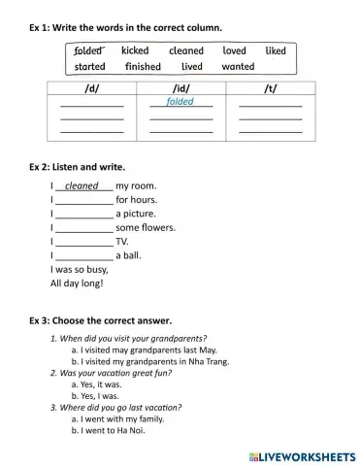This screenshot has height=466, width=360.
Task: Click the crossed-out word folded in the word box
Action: [x=88, y=50]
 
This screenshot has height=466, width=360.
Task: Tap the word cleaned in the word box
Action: [x=185, y=50]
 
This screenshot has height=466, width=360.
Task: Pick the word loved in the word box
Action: [x=234, y=50]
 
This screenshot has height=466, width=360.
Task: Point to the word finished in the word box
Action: [x=143, y=67]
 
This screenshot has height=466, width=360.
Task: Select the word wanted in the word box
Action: [x=238, y=67]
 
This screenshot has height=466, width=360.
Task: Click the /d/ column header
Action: [x=92, y=87]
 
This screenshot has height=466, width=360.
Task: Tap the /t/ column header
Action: [x=270, y=87]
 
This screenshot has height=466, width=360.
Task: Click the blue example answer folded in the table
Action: [x=180, y=101]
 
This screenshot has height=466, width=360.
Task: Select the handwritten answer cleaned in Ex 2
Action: [x=82, y=186]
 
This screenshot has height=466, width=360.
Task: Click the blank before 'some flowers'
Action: [x=84, y=228]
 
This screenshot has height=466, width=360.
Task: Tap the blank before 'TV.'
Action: [x=84, y=242]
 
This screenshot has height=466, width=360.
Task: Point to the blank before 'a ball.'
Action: [x=84, y=255]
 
